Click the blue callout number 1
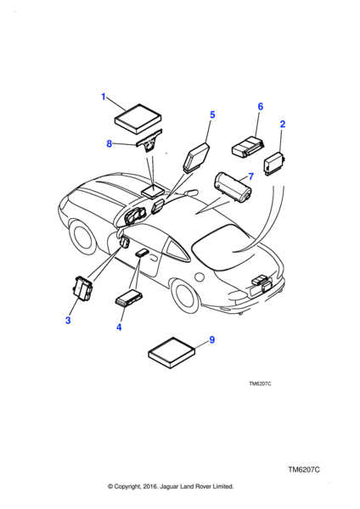(104, 97)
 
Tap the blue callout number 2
(283, 124)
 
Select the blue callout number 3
(68, 321)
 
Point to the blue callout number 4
(119, 327)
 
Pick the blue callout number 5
(212, 115)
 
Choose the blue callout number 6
(261, 107)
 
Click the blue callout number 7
(250, 176)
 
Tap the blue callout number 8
(110, 143)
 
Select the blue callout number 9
(212, 340)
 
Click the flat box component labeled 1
(138, 118)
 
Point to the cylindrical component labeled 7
(233, 187)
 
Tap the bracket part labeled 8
(149, 142)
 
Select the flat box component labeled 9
(172, 353)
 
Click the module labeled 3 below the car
(83, 288)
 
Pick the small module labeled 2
(274, 163)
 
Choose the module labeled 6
(248, 148)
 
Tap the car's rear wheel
(186, 295)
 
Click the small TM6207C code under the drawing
(260, 383)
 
